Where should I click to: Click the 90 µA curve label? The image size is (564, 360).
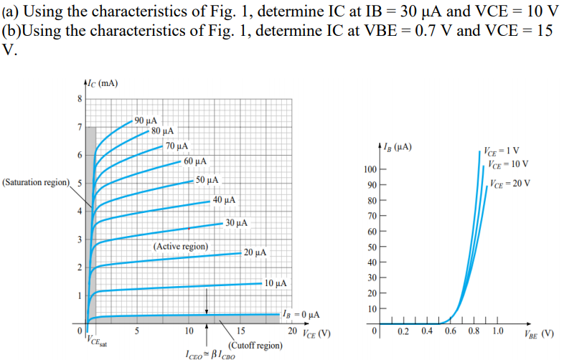point(146,120)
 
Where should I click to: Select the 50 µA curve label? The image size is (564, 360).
point(207,179)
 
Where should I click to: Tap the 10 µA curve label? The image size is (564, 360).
point(276,283)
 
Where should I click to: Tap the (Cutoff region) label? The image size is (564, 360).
point(255,344)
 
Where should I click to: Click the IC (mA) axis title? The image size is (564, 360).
point(100,84)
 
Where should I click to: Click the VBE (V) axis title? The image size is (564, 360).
point(539,333)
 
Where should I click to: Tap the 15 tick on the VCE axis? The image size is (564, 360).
point(240,331)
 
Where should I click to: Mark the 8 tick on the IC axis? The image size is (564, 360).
point(80,99)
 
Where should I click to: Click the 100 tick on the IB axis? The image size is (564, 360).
point(369,169)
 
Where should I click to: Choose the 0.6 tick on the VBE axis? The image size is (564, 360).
point(451,332)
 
